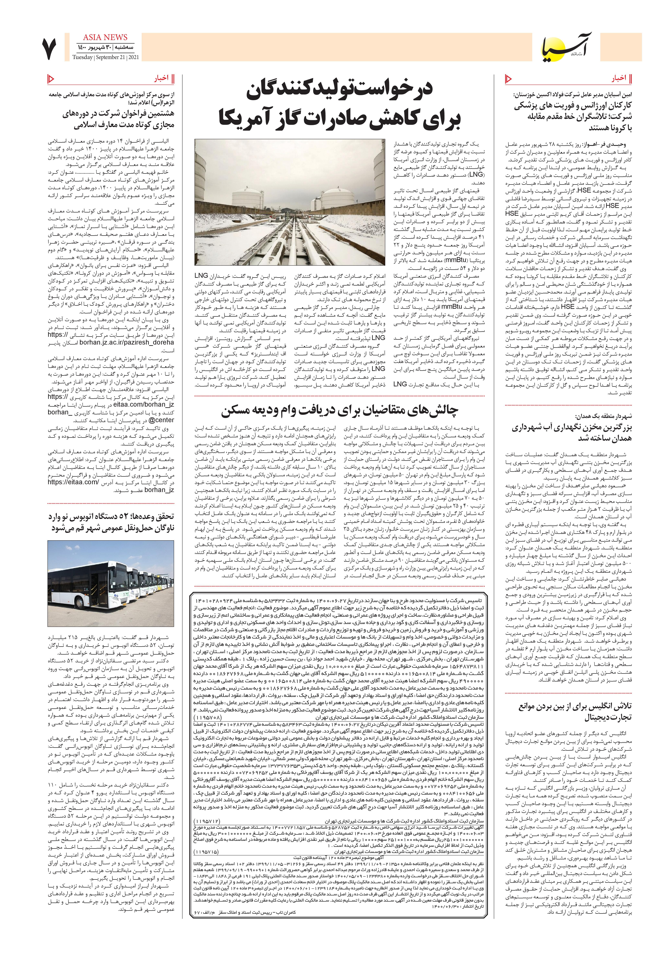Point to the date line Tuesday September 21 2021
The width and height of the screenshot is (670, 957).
pos(106,57)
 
